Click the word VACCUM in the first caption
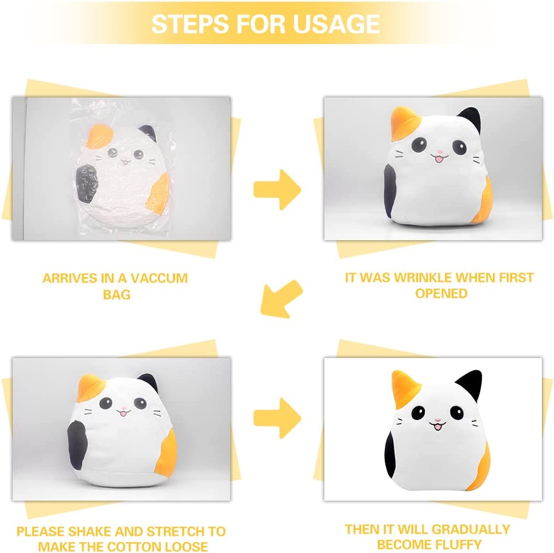pos(160,279)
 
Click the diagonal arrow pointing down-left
pos(281,299)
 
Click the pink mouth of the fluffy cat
pos(438,427)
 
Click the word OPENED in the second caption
pos(441,293)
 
